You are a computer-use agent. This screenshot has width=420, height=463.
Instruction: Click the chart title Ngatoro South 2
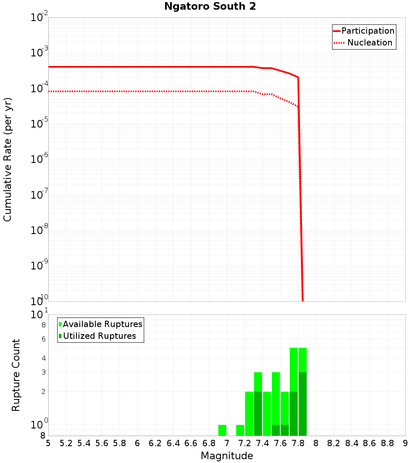click(x=210, y=7)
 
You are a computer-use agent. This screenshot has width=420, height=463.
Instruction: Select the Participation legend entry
click(x=368, y=31)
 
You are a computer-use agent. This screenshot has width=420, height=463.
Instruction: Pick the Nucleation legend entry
click(x=370, y=43)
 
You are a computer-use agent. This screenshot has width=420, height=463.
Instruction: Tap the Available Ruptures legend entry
click(x=102, y=324)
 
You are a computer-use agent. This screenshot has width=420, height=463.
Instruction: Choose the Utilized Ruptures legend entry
click(x=99, y=336)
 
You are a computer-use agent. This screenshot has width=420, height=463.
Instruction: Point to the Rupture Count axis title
click(x=16, y=375)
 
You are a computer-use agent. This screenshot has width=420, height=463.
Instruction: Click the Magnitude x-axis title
click(x=227, y=456)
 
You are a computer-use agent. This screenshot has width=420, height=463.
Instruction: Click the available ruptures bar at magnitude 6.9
click(x=223, y=430)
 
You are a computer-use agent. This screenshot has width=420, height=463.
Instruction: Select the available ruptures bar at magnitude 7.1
click(x=240, y=430)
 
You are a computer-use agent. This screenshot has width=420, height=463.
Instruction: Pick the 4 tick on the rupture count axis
click(x=43, y=358)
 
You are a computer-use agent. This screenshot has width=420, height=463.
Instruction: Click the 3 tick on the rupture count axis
click(x=43, y=372)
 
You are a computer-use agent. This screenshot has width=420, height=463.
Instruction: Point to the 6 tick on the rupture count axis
click(x=43, y=339)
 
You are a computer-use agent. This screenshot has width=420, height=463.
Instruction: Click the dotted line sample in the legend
click(x=339, y=43)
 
